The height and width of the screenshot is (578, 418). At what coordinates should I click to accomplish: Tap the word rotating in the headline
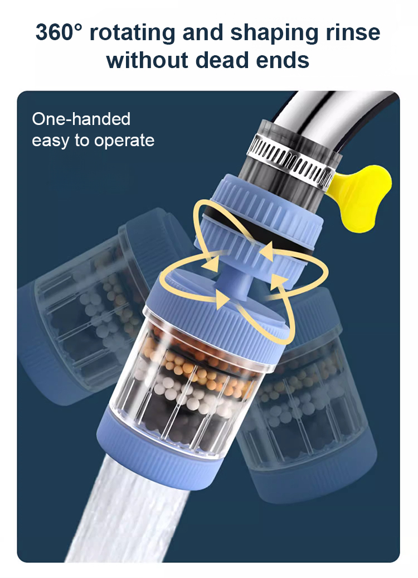[x=133, y=32]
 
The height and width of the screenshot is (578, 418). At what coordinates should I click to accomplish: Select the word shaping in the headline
[x=274, y=33]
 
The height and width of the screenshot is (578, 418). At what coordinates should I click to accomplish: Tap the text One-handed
[x=81, y=119]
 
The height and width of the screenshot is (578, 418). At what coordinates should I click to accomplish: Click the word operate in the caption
[x=124, y=141]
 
